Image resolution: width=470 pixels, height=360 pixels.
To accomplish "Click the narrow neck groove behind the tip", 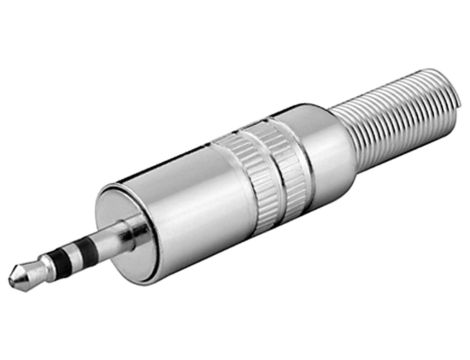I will tap(32, 273).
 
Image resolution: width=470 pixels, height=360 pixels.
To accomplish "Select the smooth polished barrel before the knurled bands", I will tap(190, 200).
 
